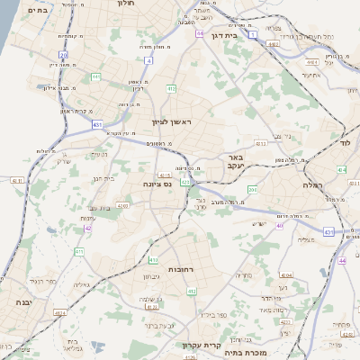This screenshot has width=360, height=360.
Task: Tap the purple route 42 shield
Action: point(88,228)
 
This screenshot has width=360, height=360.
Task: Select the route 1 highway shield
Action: point(254,34)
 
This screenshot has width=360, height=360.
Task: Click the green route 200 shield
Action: point(252,189)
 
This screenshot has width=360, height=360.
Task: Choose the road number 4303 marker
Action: point(122,205)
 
